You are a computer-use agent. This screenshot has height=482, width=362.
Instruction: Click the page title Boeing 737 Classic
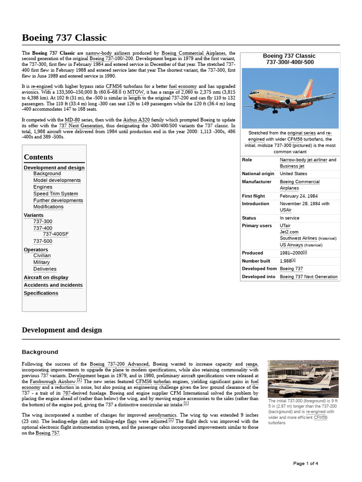coord(64,38)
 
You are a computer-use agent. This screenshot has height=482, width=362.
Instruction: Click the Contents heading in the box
coord(38,157)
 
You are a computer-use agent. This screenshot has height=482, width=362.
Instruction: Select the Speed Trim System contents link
coord(56,193)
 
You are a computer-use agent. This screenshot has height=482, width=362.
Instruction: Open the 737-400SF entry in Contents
coord(56,234)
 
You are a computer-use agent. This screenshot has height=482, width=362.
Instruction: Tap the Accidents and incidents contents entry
coord(53,285)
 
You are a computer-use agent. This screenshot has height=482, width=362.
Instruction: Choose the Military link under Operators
coord(41,262)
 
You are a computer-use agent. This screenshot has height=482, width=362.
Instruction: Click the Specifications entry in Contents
coord(41,293)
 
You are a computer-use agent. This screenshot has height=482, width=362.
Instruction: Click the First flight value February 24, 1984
coord(299,196)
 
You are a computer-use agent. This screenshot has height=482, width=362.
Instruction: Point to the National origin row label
coord(258,174)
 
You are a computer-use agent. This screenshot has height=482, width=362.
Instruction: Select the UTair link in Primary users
coord(285,225)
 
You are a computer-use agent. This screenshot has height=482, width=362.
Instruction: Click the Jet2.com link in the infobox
coord(289,232)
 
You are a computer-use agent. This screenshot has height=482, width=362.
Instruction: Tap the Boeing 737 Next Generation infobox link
coord(308,277)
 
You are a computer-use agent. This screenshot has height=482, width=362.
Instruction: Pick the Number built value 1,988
coord(286,261)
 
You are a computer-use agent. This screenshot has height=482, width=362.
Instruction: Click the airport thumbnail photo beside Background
coord(302,379)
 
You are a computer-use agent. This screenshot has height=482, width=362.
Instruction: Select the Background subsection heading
coord(40,352)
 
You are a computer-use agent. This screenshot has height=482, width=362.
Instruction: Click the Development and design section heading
coord(62,330)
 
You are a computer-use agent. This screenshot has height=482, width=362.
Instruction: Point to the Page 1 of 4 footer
coord(305,464)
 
